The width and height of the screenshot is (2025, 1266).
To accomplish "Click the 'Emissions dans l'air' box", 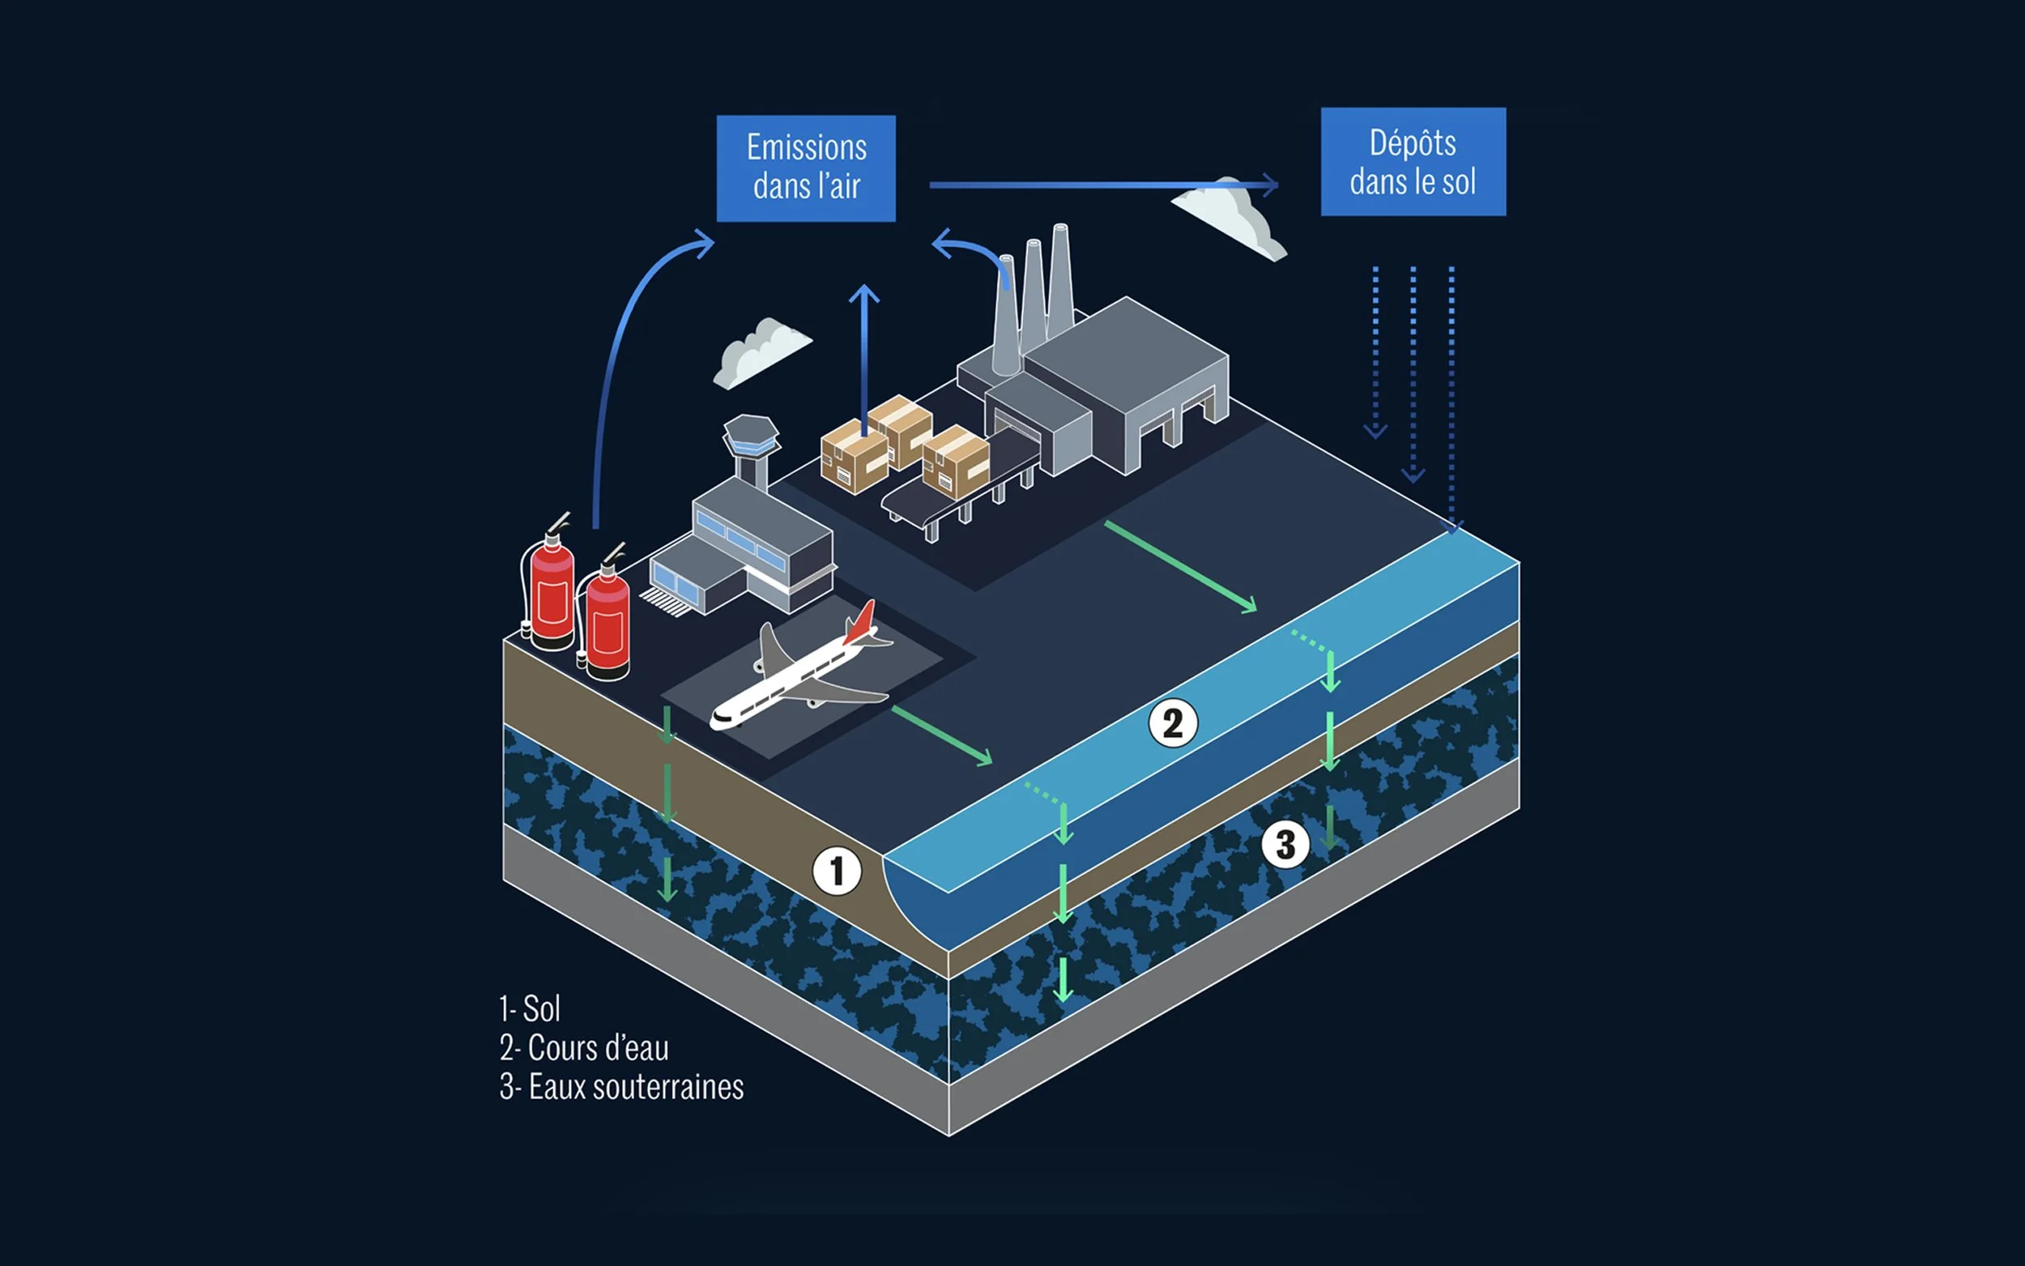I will (x=805, y=168).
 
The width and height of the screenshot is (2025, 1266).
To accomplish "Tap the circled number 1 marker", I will (x=836, y=871).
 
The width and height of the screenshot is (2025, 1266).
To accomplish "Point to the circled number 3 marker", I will (x=1285, y=844).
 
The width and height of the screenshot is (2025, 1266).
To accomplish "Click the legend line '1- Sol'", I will (x=529, y=1009).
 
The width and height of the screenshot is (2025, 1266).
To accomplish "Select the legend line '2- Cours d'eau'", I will (x=583, y=1048).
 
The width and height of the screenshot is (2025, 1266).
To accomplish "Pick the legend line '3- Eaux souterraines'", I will (x=621, y=1087).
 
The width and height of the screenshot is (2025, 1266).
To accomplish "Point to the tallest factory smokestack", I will (x=1059, y=276).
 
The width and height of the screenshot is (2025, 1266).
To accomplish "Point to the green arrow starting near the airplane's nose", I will (x=942, y=735).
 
